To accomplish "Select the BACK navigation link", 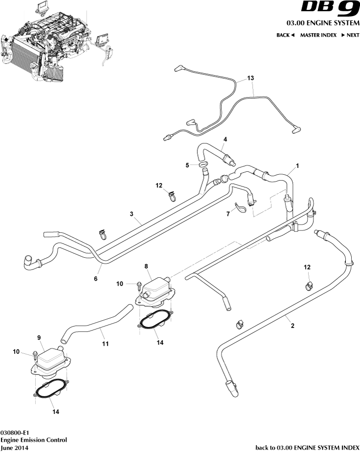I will point(286,35).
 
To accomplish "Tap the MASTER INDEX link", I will point(318,35).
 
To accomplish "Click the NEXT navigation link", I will point(350,35).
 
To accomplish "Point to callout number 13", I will point(251,78).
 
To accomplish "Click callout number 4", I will point(225,139).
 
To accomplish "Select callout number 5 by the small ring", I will point(187,165).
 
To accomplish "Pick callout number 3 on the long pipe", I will point(131,213).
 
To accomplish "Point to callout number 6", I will point(96,279).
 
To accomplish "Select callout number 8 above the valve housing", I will point(146,266).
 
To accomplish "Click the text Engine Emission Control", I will point(34,440).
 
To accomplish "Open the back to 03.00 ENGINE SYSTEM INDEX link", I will point(307,447).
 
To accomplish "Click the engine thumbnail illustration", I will point(54,46).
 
